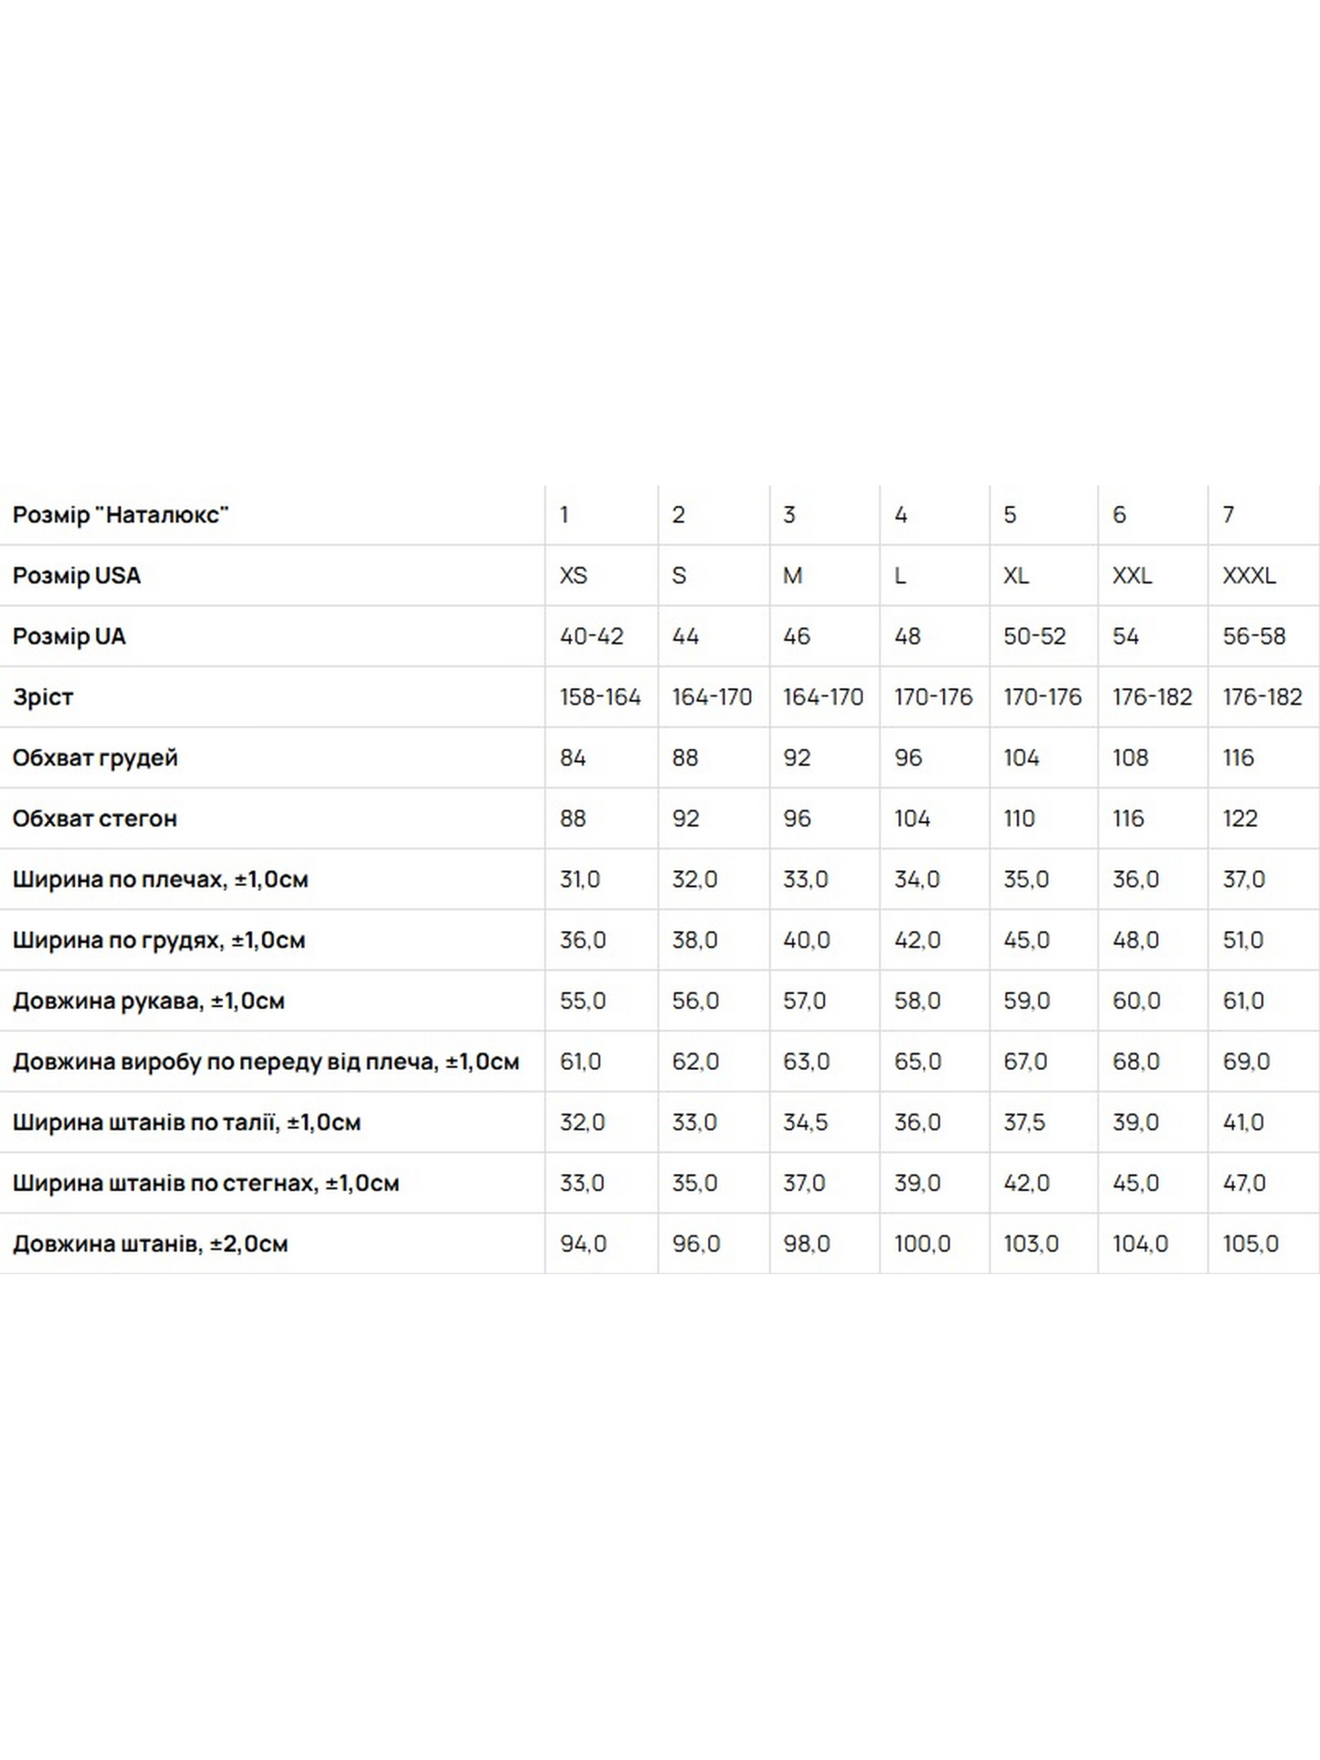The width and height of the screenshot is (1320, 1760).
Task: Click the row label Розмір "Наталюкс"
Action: (x=121, y=515)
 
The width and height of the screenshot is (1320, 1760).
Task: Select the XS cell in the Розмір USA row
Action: (x=573, y=576)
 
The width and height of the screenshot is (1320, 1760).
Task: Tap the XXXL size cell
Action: (x=1248, y=576)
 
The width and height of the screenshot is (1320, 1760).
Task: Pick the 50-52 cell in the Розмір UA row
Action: (x=1034, y=636)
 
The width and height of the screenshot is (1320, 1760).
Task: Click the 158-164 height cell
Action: (x=599, y=697)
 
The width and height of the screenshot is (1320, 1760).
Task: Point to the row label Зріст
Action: (x=43, y=697)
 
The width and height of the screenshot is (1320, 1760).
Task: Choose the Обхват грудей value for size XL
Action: (x=1021, y=757)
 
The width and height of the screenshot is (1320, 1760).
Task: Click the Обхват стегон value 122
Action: (x=1240, y=818)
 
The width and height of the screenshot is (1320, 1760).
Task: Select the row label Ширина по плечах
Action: (x=160, y=879)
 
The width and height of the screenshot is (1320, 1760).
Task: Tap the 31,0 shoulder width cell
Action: (x=579, y=879)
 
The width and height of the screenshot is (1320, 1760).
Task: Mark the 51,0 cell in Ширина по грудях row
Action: (x=1243, y=940)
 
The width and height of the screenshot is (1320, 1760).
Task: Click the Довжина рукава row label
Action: (x=148, y=1000)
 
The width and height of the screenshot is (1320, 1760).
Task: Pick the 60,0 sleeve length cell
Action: (x=1136, y=1000)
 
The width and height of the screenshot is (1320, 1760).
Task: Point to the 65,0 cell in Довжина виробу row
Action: (x=917, y=1061)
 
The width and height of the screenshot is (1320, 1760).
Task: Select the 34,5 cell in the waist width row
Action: (x=804, y=1122)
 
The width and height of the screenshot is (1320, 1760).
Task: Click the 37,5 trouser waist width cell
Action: (x=1023, y=1122)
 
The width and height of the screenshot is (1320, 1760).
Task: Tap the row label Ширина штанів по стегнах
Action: (x=205, y=1183)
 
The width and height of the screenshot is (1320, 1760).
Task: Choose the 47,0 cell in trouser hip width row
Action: (x=1244, y=1183)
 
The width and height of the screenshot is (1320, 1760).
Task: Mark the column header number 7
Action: (x=1229, y=515)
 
